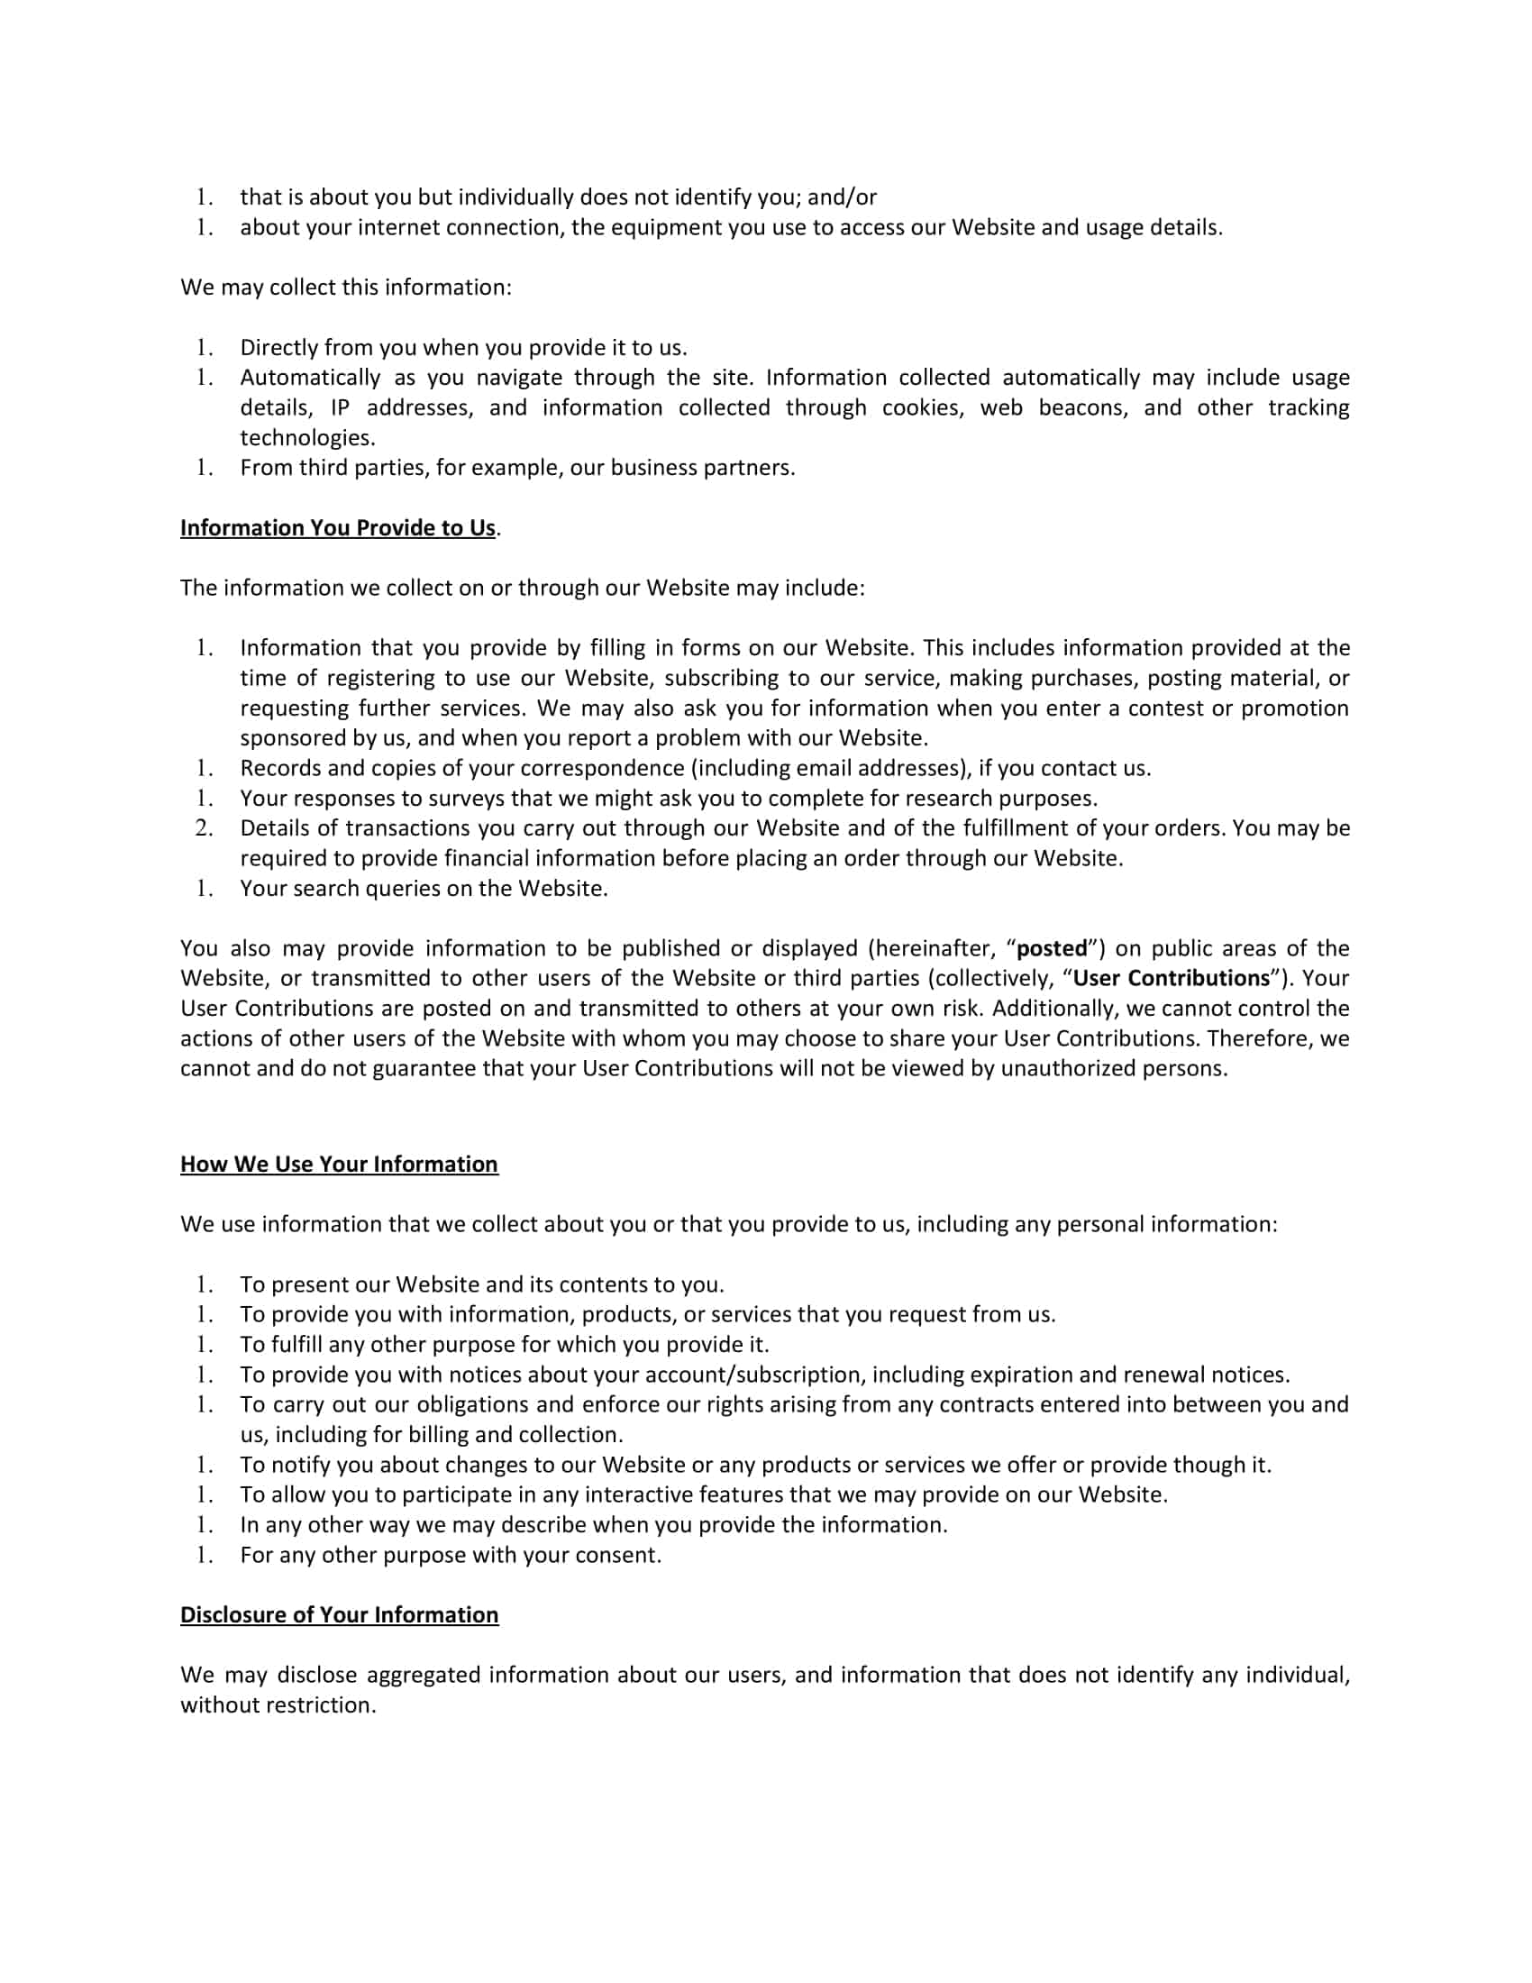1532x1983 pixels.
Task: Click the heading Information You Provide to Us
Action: click(x=338, y=528)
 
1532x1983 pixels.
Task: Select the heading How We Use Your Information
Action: click(x=339, y=1165)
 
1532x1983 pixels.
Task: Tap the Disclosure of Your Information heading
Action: click(x=340, y=1615)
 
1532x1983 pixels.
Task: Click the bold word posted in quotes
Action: click(x=1052, y=949)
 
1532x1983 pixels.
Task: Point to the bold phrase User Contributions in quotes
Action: click(x=1171, y=979)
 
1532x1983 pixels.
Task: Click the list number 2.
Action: click(x=205, y=828)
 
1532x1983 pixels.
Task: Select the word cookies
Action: click(x=923, y=407)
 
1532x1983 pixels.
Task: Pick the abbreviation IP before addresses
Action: click(x=341, y=407)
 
